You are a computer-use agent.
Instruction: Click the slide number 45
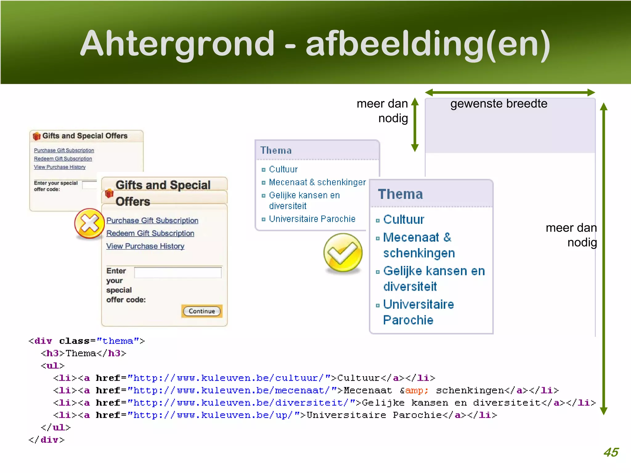(x=611, y=452)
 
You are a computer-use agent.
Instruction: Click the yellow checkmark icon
(x=343, y=253)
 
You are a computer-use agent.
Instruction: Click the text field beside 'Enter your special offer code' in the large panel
(x=178, y=273)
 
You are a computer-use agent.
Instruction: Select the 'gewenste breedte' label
(x=499, y=104)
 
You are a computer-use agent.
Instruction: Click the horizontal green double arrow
(x=510, y=92)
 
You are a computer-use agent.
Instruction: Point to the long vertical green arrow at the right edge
(x=604, y=259)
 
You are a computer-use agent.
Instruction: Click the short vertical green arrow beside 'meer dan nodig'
(x=415, y=125)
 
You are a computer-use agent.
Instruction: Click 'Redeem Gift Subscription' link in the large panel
(x=150, y=233)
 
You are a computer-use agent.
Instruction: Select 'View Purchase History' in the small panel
(x=60, y=167)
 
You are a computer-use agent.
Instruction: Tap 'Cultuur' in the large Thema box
(x=404, y=220)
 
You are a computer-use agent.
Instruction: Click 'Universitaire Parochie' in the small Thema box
(x=312, y=219)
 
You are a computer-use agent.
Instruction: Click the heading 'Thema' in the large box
(x=400, y=194)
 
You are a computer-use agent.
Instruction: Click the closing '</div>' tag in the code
(x=47, y=440)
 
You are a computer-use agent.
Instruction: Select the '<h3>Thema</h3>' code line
(x=83, y=353)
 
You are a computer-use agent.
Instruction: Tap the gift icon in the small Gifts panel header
(x=37, y=136)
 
